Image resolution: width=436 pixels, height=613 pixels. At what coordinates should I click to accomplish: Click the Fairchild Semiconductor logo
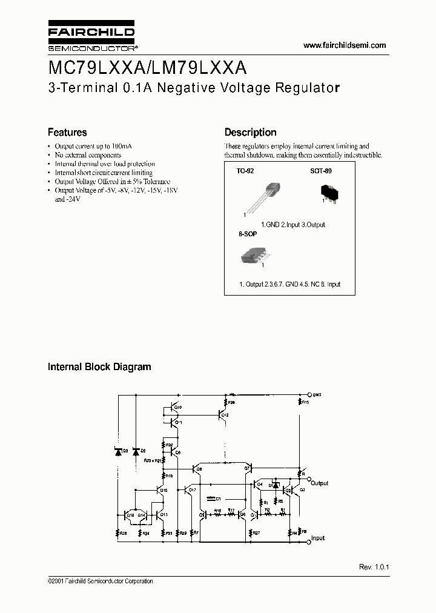(x=92, y=36)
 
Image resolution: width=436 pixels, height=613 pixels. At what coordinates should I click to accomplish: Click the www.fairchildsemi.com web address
(x=344, y=45)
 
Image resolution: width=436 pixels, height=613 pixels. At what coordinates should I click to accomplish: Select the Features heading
(x=67, y=133)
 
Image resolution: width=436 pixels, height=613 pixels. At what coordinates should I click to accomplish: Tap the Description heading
(x=250, y=133)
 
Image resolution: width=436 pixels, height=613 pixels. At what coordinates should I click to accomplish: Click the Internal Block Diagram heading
(x=99, y=367)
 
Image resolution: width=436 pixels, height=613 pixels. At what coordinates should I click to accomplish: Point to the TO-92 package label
(x=245, y=171)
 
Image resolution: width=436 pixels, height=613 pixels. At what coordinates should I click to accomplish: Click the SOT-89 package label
(x=321, y=171)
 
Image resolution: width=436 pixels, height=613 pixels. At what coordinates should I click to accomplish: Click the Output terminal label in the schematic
(x=319, y=483)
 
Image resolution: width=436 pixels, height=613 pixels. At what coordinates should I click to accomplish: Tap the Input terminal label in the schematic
(x=317, y=538)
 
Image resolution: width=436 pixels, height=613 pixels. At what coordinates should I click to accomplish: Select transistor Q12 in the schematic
(x=222, y=414)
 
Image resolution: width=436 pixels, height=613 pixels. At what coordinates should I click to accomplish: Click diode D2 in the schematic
(x=135, y=451)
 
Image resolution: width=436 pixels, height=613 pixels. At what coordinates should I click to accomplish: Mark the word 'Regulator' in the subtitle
(x=308, y=87)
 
